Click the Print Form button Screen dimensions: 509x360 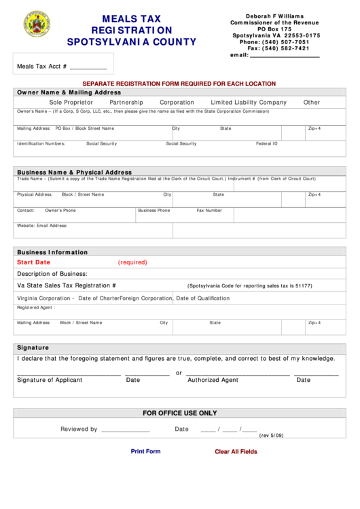click(x=145, y=451)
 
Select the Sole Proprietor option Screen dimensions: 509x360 click(x=71, y=103)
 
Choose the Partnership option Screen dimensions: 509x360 click(x=126, y=103)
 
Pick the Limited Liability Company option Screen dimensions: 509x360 click(x=249, y=103)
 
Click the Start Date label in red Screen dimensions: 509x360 click(x=33, y=262)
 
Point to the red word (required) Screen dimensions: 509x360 click(x=132, y=262)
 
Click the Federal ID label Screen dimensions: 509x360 click(x=266, y=143)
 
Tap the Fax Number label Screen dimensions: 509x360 click(x=209, y=211)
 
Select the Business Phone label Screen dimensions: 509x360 click(x=154, y=211)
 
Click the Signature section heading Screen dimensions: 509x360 click(x=33, y=347)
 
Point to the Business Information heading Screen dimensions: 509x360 click(x=52, y=252)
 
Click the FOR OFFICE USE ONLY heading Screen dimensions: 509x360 click(x=179, y=413)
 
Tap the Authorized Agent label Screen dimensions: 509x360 click(x=213, y=380)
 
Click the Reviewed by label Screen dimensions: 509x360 click(x=79, y=429)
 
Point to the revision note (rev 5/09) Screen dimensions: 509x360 click(x=271, y=436)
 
